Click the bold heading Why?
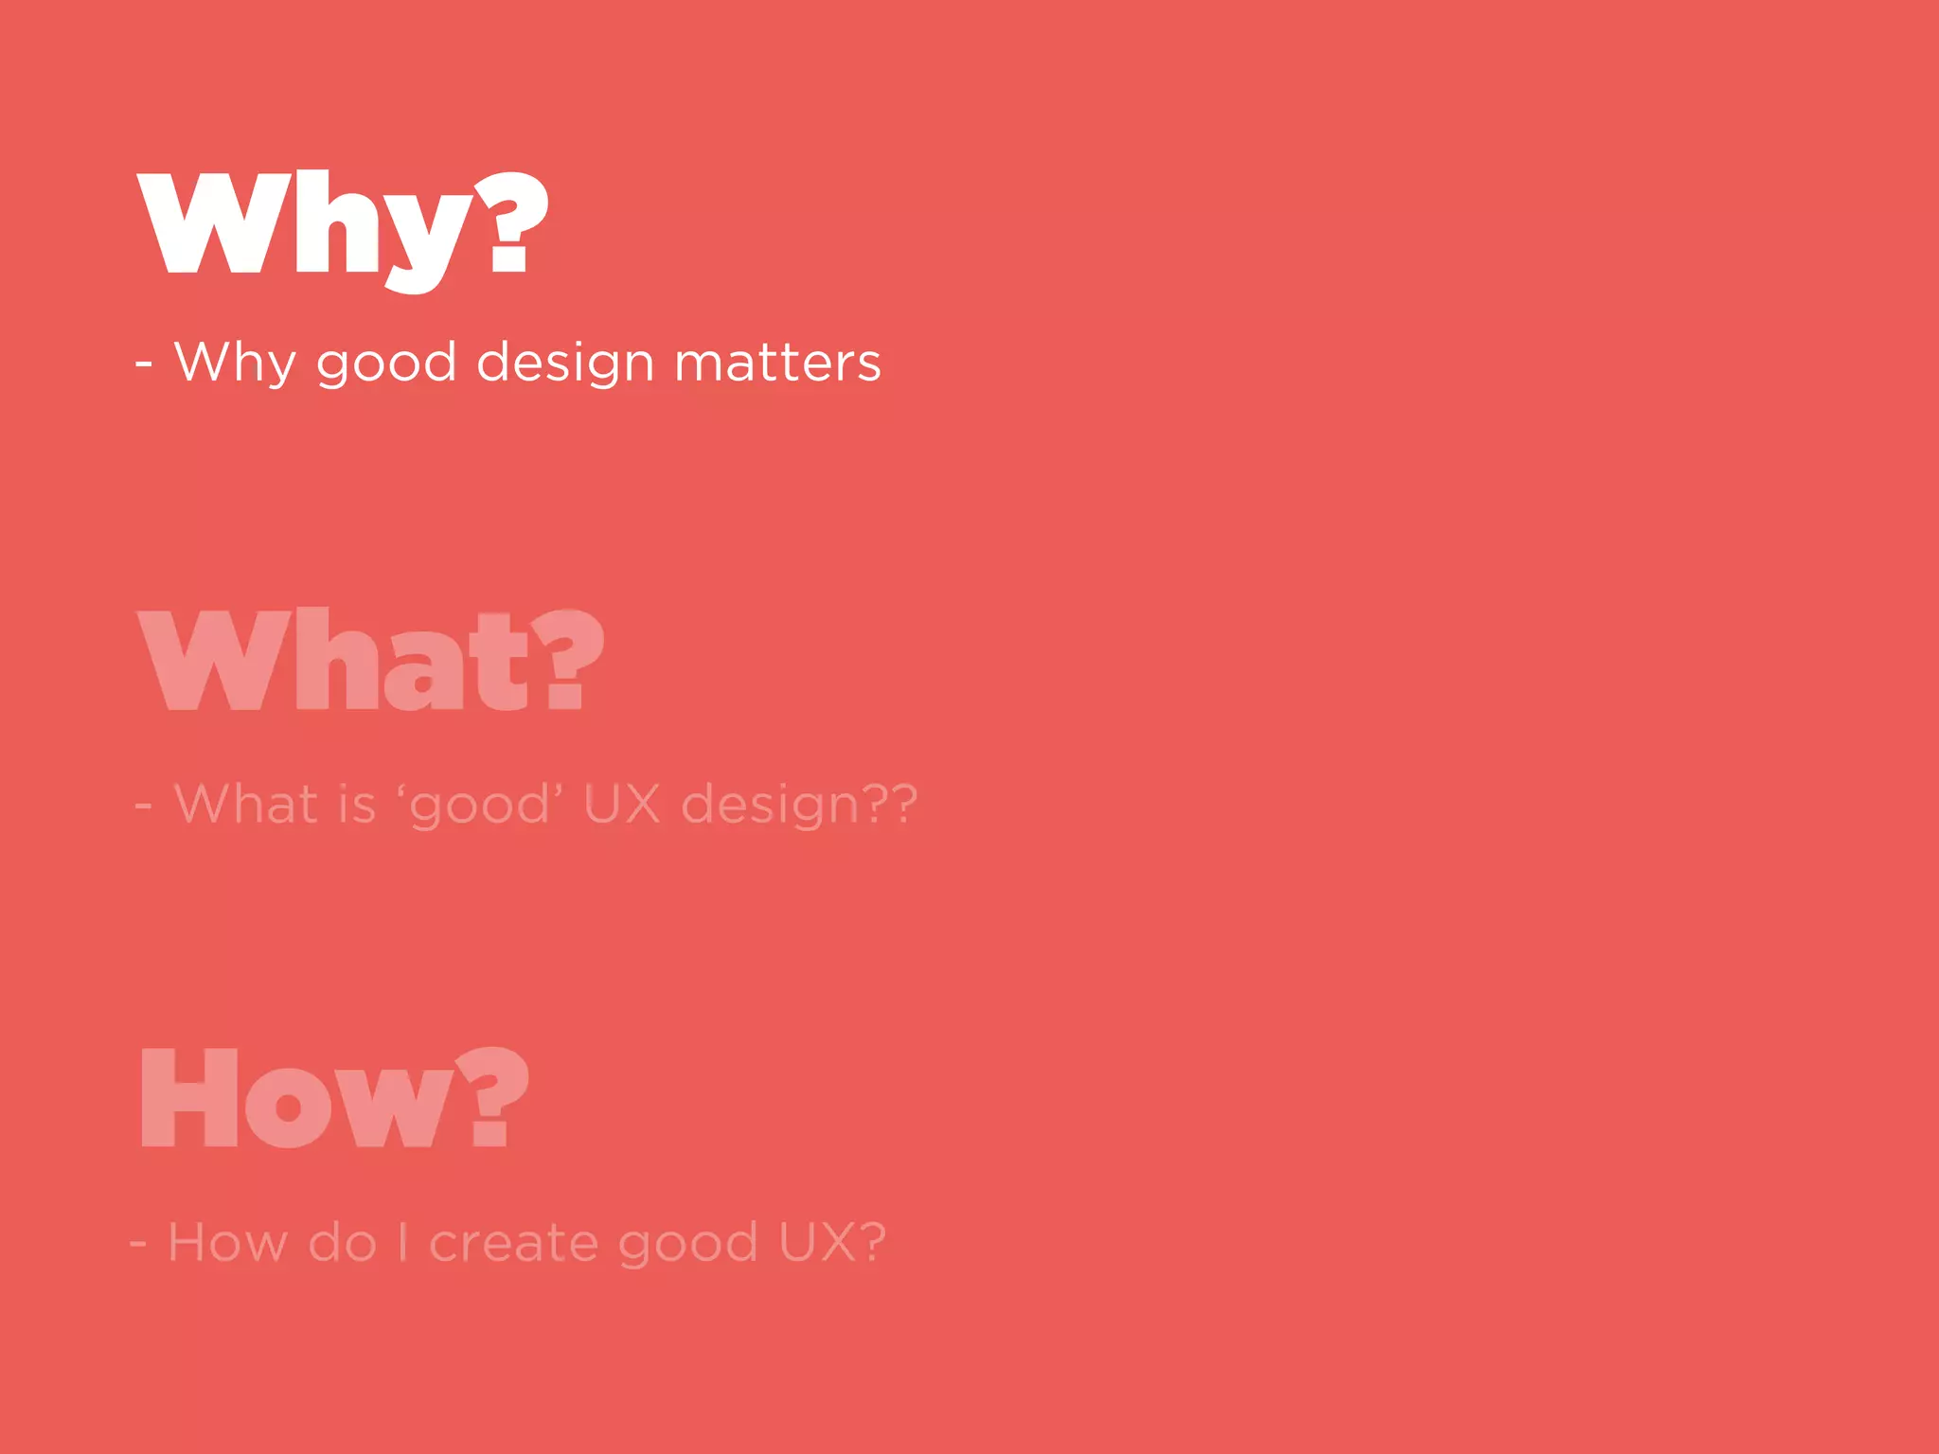tap(343, 227)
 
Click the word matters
tap(777, 363)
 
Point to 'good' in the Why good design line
tap(386, 364)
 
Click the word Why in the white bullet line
tap(235, 363)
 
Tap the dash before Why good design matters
tap(144, 363)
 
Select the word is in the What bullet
tap(357, 805)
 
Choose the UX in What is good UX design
tap(621, 805)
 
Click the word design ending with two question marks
tap(798, 807)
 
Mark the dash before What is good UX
tap(144, 807)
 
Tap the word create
tap(513, 1243)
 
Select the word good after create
tap(687, 1245)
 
